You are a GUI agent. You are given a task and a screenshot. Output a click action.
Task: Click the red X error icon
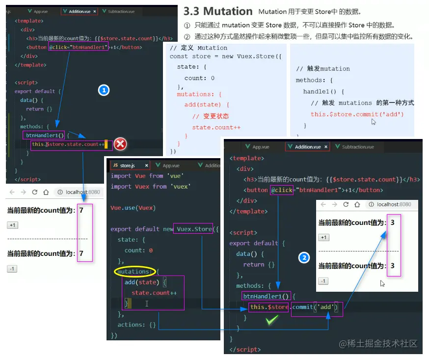120,144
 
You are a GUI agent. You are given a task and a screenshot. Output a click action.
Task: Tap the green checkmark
271,321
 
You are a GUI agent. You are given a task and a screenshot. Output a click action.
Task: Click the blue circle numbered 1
104,90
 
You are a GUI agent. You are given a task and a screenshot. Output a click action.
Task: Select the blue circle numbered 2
304,257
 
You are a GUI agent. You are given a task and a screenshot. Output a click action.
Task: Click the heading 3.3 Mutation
218,11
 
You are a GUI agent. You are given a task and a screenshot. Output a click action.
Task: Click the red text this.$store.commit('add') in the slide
357,114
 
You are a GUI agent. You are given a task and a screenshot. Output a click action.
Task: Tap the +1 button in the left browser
12,225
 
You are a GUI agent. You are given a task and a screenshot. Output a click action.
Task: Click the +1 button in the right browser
323,237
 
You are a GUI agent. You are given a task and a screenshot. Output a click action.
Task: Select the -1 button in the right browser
323,281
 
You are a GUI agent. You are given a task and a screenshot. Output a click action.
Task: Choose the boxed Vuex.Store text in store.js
194,229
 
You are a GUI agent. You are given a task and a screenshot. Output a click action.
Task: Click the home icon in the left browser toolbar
46,192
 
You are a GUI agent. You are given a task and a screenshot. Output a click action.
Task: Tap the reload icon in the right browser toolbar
346,204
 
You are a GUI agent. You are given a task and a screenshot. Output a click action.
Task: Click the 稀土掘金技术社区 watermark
378,344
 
